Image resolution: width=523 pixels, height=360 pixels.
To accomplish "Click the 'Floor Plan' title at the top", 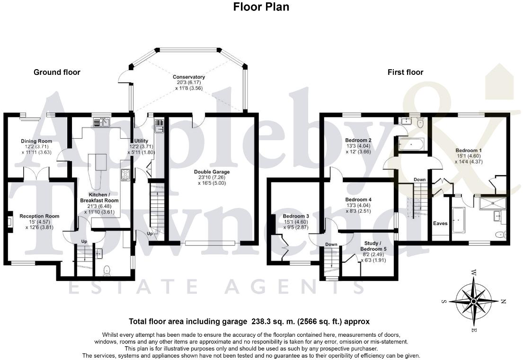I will click(261, 7).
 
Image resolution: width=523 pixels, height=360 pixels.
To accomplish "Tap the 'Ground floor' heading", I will click(57, 72).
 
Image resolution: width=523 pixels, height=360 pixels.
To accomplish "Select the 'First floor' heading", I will click(405, 72).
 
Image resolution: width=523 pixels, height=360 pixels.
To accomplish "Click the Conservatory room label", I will click(188, 77).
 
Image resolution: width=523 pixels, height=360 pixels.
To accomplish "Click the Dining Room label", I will click(36, 141).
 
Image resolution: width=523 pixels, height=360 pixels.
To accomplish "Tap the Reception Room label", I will click(39, 216).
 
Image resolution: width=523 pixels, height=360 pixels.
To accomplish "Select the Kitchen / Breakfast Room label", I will click(102, 198).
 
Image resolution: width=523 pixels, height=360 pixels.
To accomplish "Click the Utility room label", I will click(141, 141).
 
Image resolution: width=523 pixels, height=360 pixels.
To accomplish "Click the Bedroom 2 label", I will click(358, 140).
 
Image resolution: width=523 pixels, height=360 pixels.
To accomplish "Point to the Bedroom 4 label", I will click(358, 199).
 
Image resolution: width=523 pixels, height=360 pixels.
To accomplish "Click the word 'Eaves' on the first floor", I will click(440, 223).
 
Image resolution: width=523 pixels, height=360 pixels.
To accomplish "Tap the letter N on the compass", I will click(504, 301).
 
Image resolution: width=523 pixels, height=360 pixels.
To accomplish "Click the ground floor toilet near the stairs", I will click(107, 270).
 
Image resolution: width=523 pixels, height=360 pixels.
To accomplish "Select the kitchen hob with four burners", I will click(126, 175).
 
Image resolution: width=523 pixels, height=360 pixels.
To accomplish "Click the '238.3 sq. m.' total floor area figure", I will click(271, 322).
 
